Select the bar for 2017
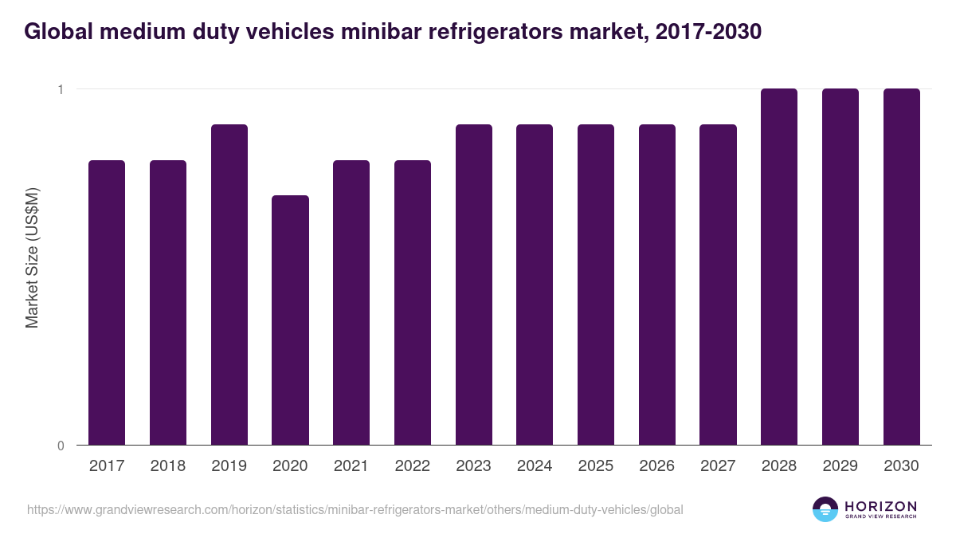(x=107, y=303)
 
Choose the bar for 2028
(x=778, y=267)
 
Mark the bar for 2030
(x=901, y=267)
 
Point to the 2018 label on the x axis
(x=167, y=466)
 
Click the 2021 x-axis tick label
(x=351, y=466)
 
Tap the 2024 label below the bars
(x=535, y=466)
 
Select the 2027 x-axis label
(x=718, y=466)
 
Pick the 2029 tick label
(x=840, y=466)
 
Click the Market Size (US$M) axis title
(x=32, y=257)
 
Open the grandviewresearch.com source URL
(x=355, y=509)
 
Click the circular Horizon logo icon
(x=825, y=509)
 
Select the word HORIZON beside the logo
(x=880, y=505)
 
